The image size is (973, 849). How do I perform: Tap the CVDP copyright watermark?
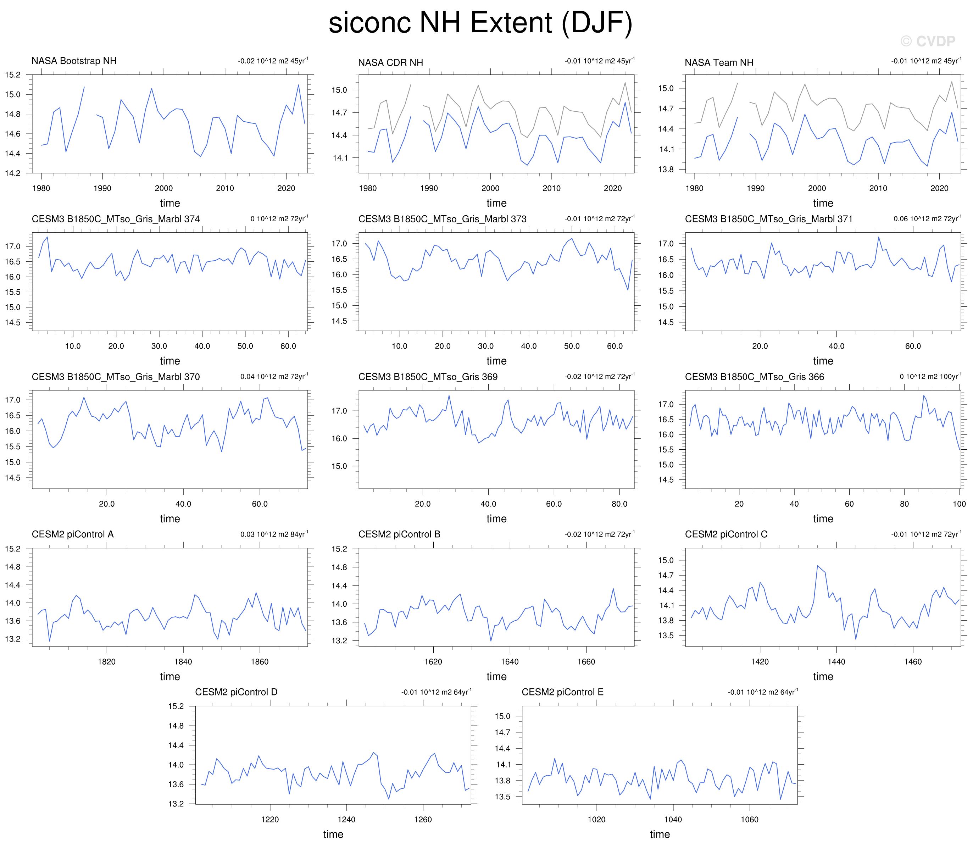928,41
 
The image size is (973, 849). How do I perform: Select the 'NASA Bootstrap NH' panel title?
74,61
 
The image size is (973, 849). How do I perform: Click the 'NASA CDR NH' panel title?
390,62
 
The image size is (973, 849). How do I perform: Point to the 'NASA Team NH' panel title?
719,62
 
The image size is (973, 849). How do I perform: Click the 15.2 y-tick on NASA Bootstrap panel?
13,75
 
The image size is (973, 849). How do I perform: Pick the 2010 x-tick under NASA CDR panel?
551,188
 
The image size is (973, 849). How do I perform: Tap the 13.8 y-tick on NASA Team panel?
666,169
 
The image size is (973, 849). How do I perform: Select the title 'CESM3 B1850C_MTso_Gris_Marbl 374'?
116,219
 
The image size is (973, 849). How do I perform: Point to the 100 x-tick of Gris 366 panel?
959,504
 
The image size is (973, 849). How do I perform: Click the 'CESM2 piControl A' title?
72,534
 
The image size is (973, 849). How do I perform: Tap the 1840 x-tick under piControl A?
183,661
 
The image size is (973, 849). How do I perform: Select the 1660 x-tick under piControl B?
586,661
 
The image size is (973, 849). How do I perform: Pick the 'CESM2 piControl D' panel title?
236,692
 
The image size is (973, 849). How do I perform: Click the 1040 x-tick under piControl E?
673,819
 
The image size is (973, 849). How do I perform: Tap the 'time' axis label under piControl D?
333,834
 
